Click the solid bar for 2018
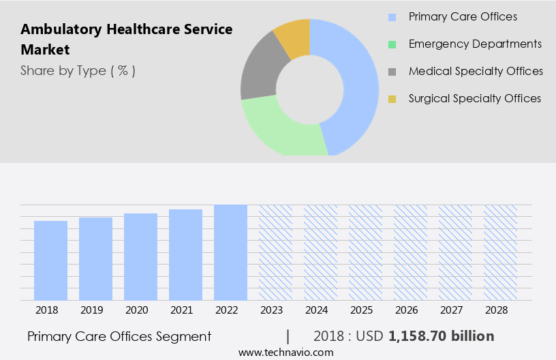point(50,260)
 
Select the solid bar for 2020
point(140,257)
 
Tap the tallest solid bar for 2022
point(230,252)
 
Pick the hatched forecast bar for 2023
point(275,252)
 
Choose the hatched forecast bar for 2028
point(500,252)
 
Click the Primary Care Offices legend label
point(463,16)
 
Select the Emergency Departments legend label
point(475,44)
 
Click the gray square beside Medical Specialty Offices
point(392,72)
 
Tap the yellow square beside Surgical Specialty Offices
point(392,99)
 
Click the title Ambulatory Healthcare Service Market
point(126,40)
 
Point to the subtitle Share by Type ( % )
point(78,70)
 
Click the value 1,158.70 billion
point(441,336)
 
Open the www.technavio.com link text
point(286,352)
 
